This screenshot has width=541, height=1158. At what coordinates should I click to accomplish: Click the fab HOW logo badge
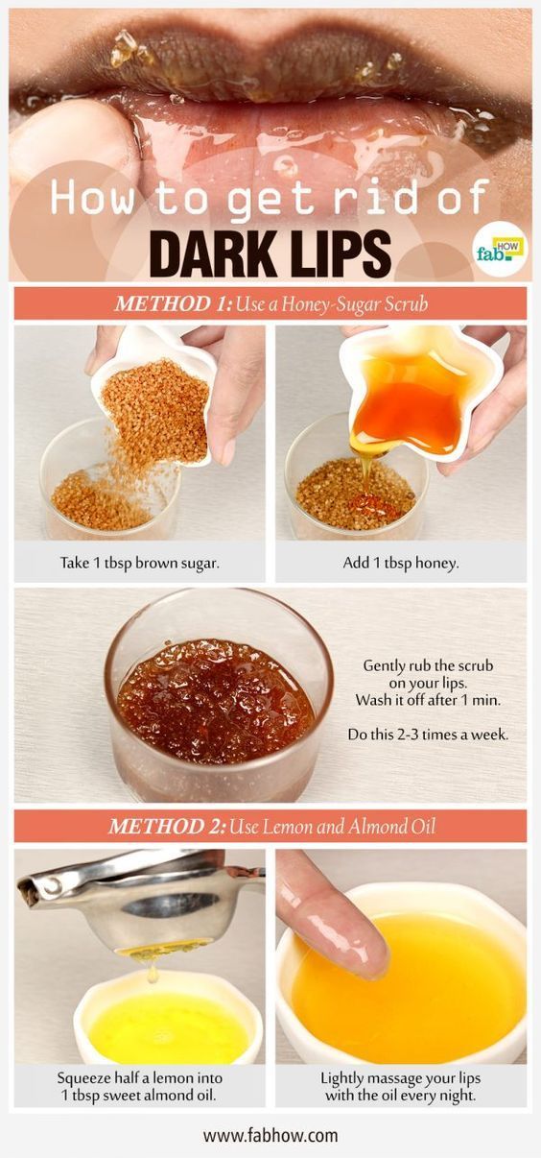pyautogui.click(x=500, y=248)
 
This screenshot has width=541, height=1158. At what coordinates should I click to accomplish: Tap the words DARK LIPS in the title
pyautogui.click(x=273, y=253)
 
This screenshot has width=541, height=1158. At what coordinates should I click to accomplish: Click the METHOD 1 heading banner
pyautogui.click(x=270, y=303)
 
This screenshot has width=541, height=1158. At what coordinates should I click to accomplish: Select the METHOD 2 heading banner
pyautogui.click(x=270, y=826)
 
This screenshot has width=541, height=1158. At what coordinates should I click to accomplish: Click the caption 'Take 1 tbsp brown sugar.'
pyautogui.click(x=140, y=563)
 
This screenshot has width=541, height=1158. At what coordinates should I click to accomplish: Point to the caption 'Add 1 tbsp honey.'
pyautogui.click(x=401, y=563)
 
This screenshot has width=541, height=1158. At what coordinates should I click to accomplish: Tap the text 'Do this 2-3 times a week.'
pyautogui.click(x=428, y=735)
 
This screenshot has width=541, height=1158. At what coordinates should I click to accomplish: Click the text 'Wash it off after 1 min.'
pyautogui.click(x=428, y=700)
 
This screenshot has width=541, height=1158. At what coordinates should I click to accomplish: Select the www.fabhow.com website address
pyautogui.click(x=270, y=1135)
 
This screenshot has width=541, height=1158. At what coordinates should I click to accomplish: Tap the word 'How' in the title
pyautogui.click(x=91, y=199)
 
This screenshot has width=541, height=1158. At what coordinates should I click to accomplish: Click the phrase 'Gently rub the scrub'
pyautogui.click(x=428, y=665)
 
